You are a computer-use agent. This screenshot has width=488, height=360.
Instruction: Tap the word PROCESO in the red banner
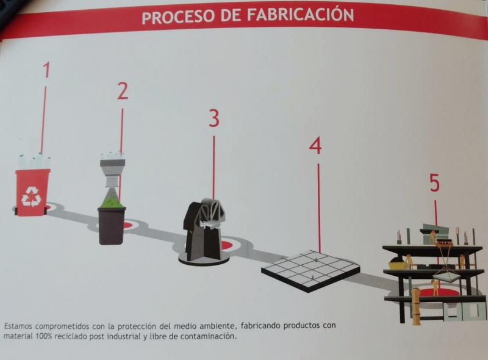click(178, 18)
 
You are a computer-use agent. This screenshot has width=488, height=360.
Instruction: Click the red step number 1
click(46, 70)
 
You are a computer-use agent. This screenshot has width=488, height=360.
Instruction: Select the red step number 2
click(123, 91)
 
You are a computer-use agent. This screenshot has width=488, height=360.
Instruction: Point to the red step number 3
click(214, 118)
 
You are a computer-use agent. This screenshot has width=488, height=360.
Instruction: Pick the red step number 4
click(315, 145)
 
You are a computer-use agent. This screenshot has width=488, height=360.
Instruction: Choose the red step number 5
click(435, 183)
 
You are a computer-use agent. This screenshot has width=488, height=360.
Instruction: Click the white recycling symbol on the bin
click(31, 196)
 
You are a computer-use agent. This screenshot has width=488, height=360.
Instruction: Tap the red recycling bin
click(32, 192)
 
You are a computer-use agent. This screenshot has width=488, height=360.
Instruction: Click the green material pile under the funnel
click(112, 202)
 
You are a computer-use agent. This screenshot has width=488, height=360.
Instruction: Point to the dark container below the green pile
click(112, 226)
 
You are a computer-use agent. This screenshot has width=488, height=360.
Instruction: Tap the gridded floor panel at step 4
click(310, 270)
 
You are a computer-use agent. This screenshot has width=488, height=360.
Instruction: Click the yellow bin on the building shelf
click(397, 265)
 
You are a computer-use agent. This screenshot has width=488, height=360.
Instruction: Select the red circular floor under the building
click(436, 293)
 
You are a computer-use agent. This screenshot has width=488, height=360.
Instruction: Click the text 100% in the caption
click(43, 337)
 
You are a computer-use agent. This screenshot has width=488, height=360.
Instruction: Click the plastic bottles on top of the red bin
click(34, 161)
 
